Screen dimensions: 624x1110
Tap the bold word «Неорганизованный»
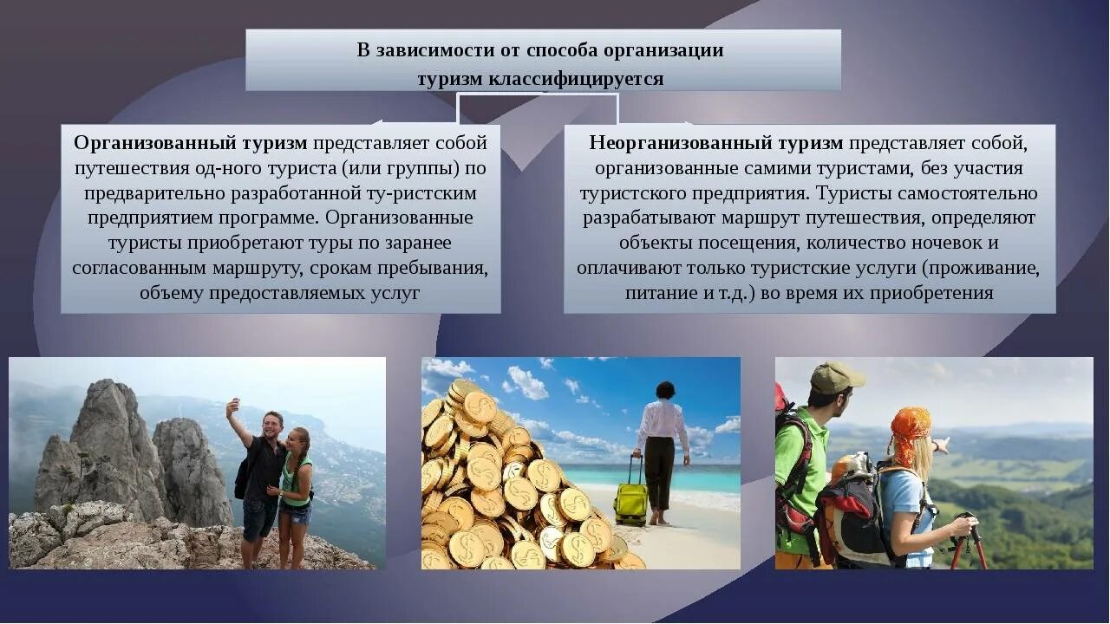click(672, 142)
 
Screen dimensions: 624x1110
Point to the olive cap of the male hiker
click(835, 377)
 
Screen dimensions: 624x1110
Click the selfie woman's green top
click(294, 480)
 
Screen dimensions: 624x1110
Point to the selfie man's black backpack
click(244, 472)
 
